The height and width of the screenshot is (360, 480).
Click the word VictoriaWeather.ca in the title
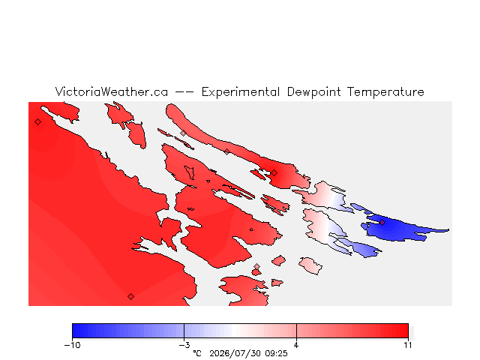coord(112,91)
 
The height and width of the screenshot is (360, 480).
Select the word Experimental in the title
coord(241,92)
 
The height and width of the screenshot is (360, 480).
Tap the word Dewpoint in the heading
coord(313,92)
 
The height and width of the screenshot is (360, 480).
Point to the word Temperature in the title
coord(385,92)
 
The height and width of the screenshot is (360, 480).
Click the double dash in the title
coord(184,92)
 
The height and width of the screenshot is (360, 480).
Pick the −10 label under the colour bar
coord(72,345)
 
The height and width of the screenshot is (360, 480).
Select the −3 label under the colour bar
coord(184,345)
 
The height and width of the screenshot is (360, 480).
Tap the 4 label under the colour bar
coord(296,345)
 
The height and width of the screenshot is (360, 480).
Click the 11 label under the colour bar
coord(408,345)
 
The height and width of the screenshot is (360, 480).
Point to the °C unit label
coord(197,353)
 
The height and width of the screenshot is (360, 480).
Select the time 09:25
coord(277,353)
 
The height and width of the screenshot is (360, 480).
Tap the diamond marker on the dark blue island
coord(382,222)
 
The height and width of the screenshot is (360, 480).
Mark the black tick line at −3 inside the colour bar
coord(184,331)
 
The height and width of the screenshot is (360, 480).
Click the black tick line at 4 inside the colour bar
coord(296,331)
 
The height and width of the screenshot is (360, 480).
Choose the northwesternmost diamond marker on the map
coord(37,121)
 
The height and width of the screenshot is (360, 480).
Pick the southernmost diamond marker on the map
coord(130,296)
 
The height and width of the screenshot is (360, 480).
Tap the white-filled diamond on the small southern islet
coord(256,267)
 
